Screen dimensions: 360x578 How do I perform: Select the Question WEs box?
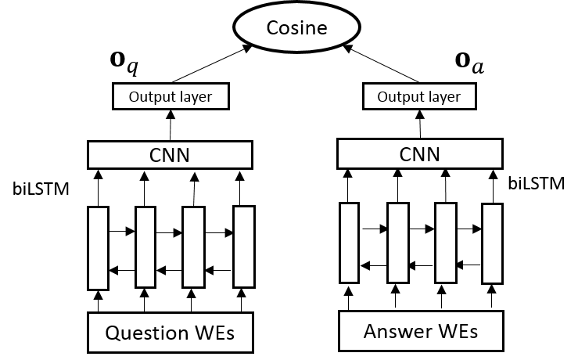pyautogui.click(x=170, y=333)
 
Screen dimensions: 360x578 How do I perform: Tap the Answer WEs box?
pyautogui.click(x=420, y=331)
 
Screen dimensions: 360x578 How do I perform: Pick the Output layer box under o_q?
pyautogui.click(x=170, y=97)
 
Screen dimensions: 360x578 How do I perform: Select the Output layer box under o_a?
pyautogui.click(x=419, y=97)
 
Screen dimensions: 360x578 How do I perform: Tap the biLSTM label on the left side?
pyautogui.click(x=40, y=189)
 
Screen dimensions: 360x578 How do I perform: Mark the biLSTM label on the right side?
pyautogui.click(x=536, y=184)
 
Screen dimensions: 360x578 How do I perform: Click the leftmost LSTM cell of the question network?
pyautogui.click(x=99, y=248)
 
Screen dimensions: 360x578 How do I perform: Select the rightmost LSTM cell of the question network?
pyautogui.click(x=244, y=247)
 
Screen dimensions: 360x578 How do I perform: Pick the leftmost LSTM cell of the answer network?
pyautogui.click(x=349, y=242)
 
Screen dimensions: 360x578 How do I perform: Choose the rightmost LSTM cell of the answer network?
pyautogui.click(x=492, y=243)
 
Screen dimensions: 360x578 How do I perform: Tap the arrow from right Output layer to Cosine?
pyautogui.click(x=383, y=64)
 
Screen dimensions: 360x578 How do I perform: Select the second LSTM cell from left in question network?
pyautogui.click(x=146, y=247)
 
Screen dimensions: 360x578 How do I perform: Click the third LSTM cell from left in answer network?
pyautogui.click(x=445, y=242)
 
